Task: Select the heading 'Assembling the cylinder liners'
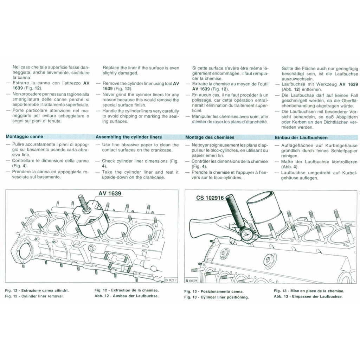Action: [129, 137]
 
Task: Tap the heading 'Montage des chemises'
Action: [210, 137]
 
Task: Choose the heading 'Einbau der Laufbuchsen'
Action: [301, 137]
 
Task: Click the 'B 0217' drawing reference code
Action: [171, 280]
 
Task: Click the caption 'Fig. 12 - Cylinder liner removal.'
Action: [35, 296]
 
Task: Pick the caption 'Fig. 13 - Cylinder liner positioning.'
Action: [216, 297]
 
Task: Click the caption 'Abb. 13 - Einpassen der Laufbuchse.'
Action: [308, 296]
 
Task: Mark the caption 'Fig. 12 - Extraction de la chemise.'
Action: [127, 290]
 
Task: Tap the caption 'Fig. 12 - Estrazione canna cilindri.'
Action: [37, 290]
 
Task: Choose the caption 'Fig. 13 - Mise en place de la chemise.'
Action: [309, 291]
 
